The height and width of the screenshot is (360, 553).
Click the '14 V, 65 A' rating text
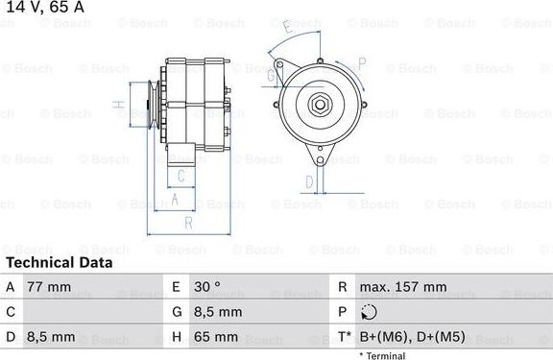click(44, 8)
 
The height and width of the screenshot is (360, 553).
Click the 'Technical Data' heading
click(60, 262)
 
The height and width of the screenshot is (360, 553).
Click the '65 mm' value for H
click(218, 337)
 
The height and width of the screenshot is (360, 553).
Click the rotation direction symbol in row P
click(372, 312)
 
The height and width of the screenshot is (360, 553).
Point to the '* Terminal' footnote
click(381, 355)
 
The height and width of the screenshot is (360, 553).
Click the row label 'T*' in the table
click(343, 337)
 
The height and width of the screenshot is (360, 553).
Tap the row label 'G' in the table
click(177, 312)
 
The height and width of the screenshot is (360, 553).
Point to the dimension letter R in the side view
click(189, 223)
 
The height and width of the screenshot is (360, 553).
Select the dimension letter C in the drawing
click(180, 175)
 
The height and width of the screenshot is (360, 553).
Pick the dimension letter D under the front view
click(309, 180)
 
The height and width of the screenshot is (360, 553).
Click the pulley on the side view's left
click(149, 102)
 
